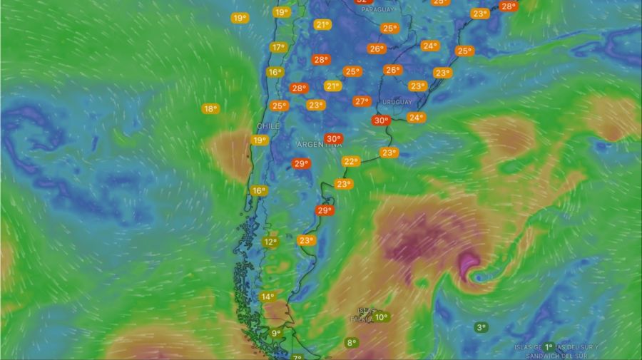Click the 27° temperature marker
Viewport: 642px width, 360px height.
point(362,101)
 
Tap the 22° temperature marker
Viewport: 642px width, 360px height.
point(350,161)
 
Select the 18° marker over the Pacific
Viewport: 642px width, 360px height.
point(210,108)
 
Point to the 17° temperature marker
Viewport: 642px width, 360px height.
point(277,48)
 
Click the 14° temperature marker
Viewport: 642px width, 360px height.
point(267,297)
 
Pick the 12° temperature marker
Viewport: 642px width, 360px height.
point(270,242)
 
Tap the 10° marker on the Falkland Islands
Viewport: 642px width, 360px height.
point(381,317)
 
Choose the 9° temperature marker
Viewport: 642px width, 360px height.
point(276,333)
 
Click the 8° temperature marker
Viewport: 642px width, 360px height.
point(352,343)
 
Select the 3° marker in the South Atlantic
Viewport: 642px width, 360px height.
point(481,327)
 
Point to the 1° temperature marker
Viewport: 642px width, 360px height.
point(549,346)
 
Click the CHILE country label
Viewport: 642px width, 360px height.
point(268,125)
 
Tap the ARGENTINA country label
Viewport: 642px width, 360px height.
point(319,145)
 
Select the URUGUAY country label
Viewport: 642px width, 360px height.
point(397,102)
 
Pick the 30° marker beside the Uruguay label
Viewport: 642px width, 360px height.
point(381,120)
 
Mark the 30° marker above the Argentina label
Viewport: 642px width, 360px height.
point(332,138)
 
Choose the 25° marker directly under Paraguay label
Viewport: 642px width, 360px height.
point(389,29)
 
